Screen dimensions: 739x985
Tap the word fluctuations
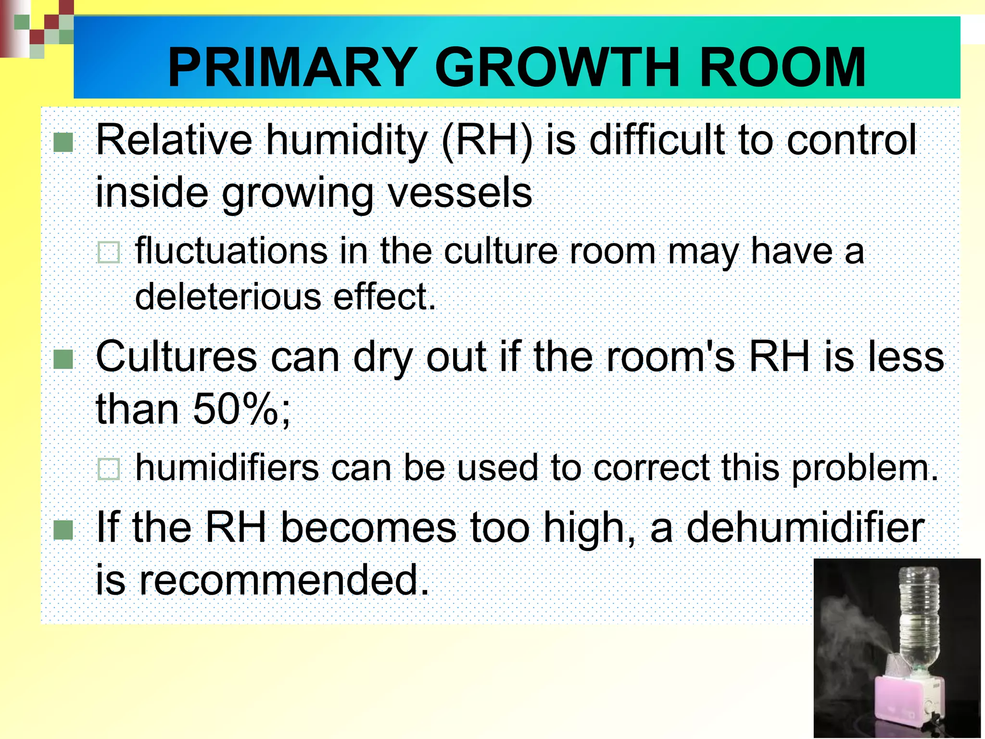coord(231,251)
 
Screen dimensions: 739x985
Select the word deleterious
coord(228,297)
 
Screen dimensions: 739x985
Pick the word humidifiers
coord(227,468)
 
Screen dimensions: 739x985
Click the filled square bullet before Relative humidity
coord(63,142)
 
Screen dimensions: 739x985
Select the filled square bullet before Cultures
coord(63,359)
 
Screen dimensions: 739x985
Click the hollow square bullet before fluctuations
coord(109,252)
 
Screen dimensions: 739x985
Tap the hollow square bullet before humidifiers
coord(109,469)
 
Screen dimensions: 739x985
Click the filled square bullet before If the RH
coord(63,530)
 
